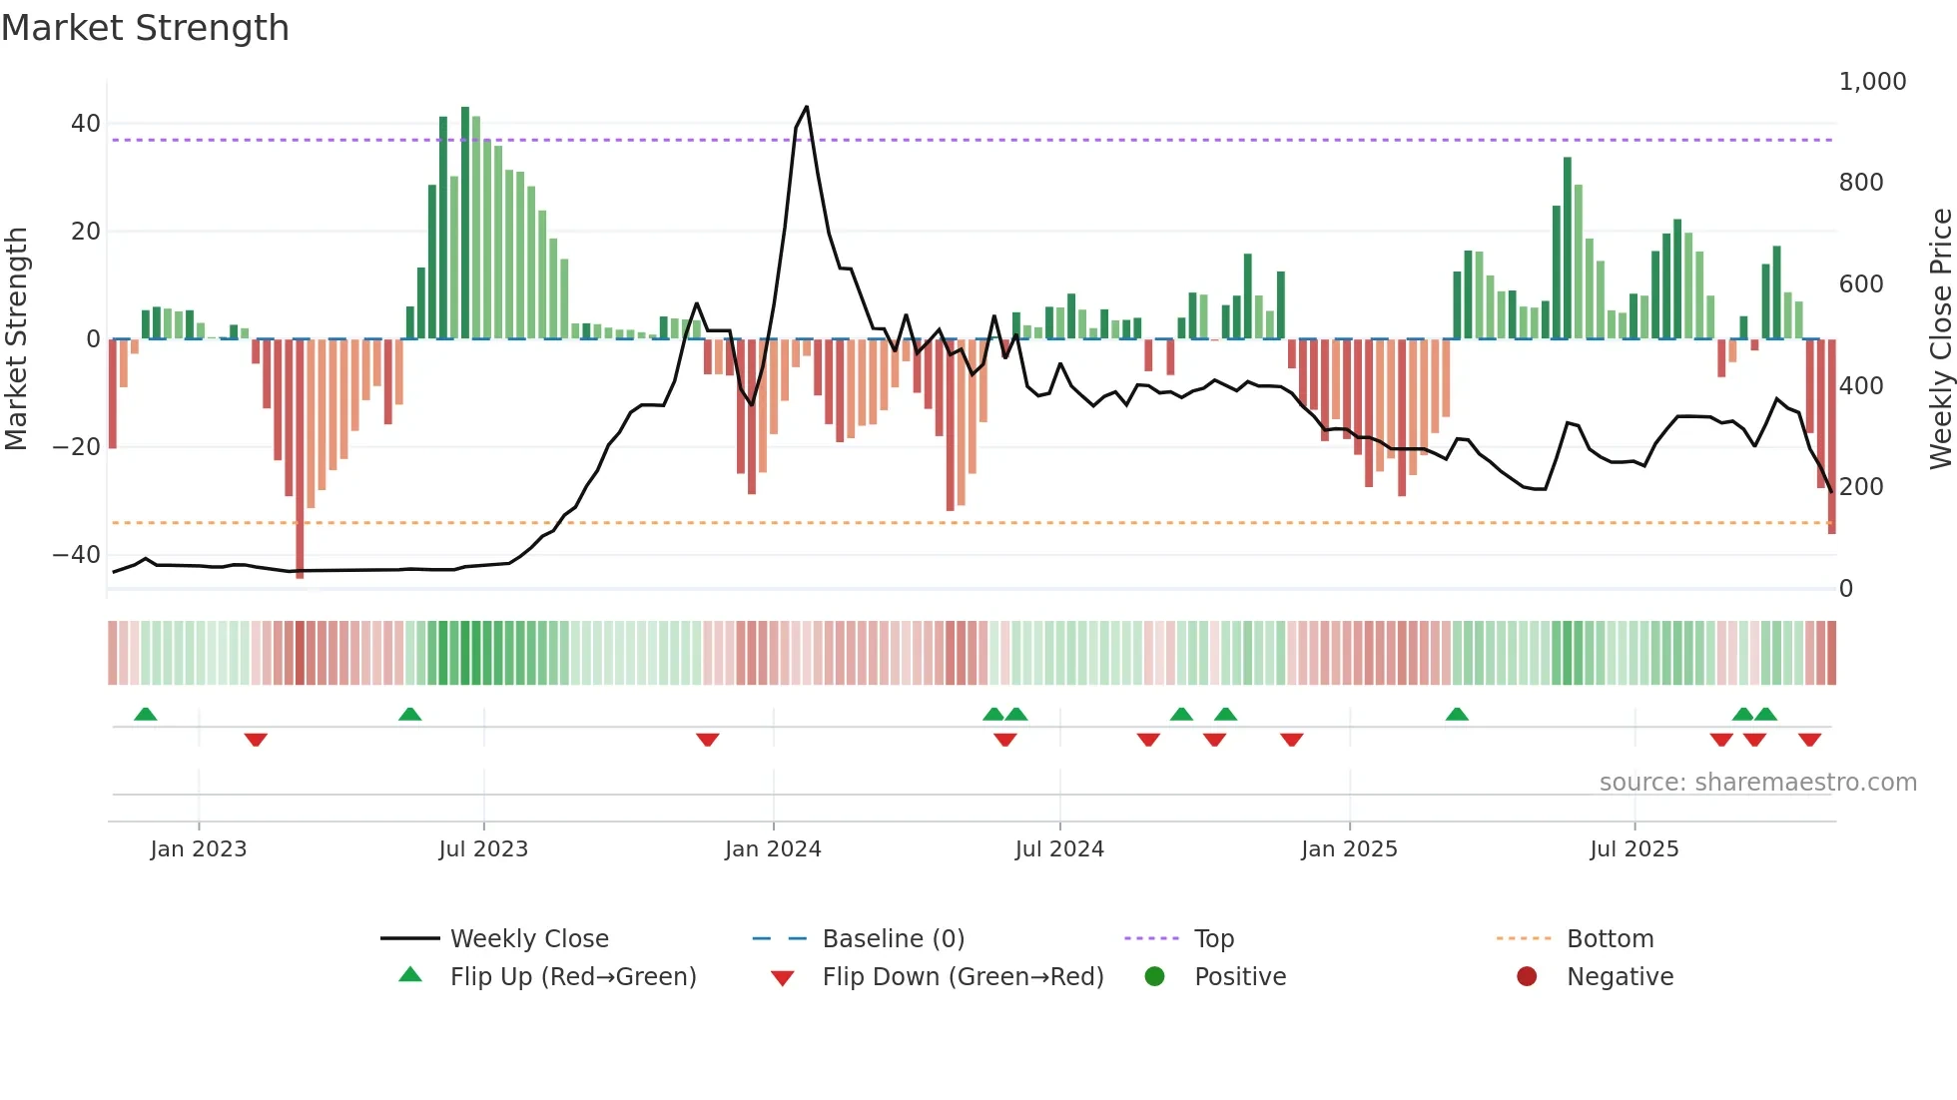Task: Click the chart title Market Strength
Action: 145,28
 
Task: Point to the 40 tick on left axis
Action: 86,124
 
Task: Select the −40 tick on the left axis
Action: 77,555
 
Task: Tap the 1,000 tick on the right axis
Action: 1872,82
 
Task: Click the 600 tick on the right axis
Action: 1861,284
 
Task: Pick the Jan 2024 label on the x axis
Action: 773,849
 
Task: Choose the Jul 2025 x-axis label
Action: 1634,849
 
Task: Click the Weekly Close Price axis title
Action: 1940,339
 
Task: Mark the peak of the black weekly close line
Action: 807,107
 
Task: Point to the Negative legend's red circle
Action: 1527,977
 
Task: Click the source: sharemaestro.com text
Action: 1757,783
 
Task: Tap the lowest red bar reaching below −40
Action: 300,559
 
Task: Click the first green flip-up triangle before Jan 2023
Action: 146,714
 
